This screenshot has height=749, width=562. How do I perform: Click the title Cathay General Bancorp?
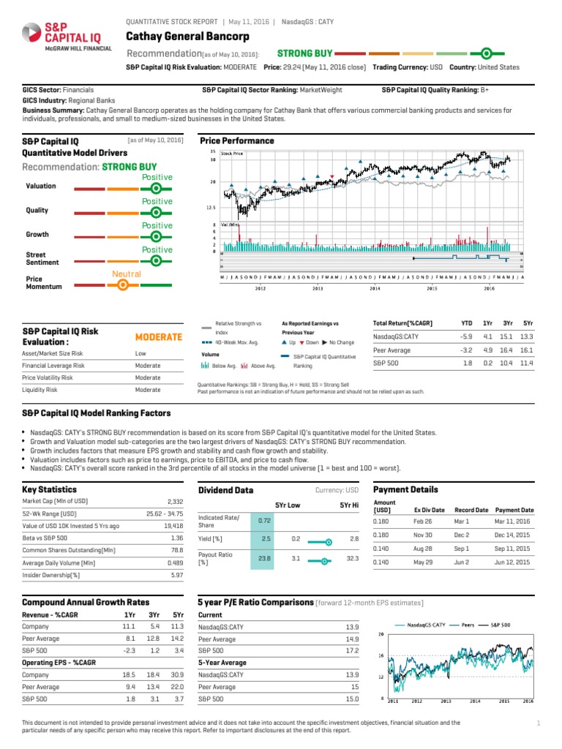188,37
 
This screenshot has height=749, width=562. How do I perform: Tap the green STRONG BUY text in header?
305,53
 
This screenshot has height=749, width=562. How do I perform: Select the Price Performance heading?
237,140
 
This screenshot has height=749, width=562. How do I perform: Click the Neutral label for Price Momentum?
126,274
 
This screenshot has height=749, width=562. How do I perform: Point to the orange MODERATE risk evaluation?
159,336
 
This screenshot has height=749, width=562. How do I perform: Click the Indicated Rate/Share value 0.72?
265,519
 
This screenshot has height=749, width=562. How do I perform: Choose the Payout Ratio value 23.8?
265,558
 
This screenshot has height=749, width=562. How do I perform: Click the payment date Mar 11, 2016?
514,522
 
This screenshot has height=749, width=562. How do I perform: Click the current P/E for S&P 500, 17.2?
352,650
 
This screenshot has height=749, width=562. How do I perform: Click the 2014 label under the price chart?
375,288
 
